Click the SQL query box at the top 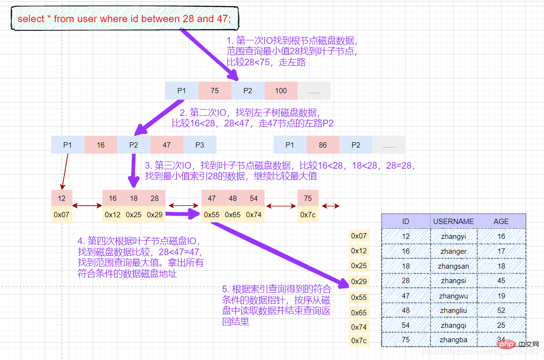(x=124, y=19)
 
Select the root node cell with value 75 (x=214, y=90)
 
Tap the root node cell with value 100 (x=281, y=90)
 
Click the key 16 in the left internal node (x=100, y=145)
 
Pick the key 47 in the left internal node (x=166, y=145)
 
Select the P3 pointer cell (x=199, y=145)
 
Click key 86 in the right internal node (x=322, y=145)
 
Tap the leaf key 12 (x=62, y=198)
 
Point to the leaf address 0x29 (x=155, y=214)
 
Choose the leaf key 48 (x=233, y=198)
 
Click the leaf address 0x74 (x=254, y=214)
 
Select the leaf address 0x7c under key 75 (x=308, y=214)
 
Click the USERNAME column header (x=453, y=221)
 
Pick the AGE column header (x=501, y=221)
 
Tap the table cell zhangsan (x=453, y=266)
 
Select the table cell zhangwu (x=453, y=296)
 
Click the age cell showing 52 (x=501, y=310)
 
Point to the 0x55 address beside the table (x=359, y=298)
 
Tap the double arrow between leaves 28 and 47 (x=183, y=206)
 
